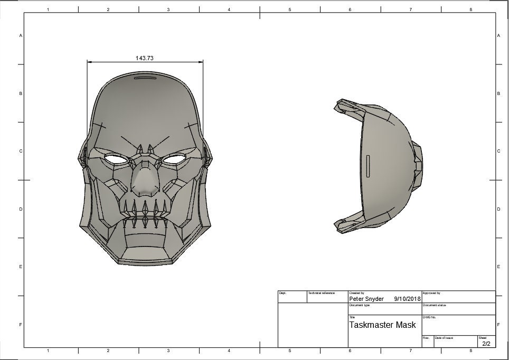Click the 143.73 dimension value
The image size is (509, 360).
144,58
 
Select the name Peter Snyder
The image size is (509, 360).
366,299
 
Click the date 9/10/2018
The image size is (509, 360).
407,299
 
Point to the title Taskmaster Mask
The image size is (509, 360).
382,325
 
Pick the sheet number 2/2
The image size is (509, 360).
485,344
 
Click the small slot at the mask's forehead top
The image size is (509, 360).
145,79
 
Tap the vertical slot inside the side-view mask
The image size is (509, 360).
368,165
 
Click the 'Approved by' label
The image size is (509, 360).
431,293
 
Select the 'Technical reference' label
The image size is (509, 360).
322,293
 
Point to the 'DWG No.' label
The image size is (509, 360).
429,317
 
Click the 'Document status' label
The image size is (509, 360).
435,305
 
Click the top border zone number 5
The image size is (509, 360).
289,10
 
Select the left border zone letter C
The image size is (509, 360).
20,151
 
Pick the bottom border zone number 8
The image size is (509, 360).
470,350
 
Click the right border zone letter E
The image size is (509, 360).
498,267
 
